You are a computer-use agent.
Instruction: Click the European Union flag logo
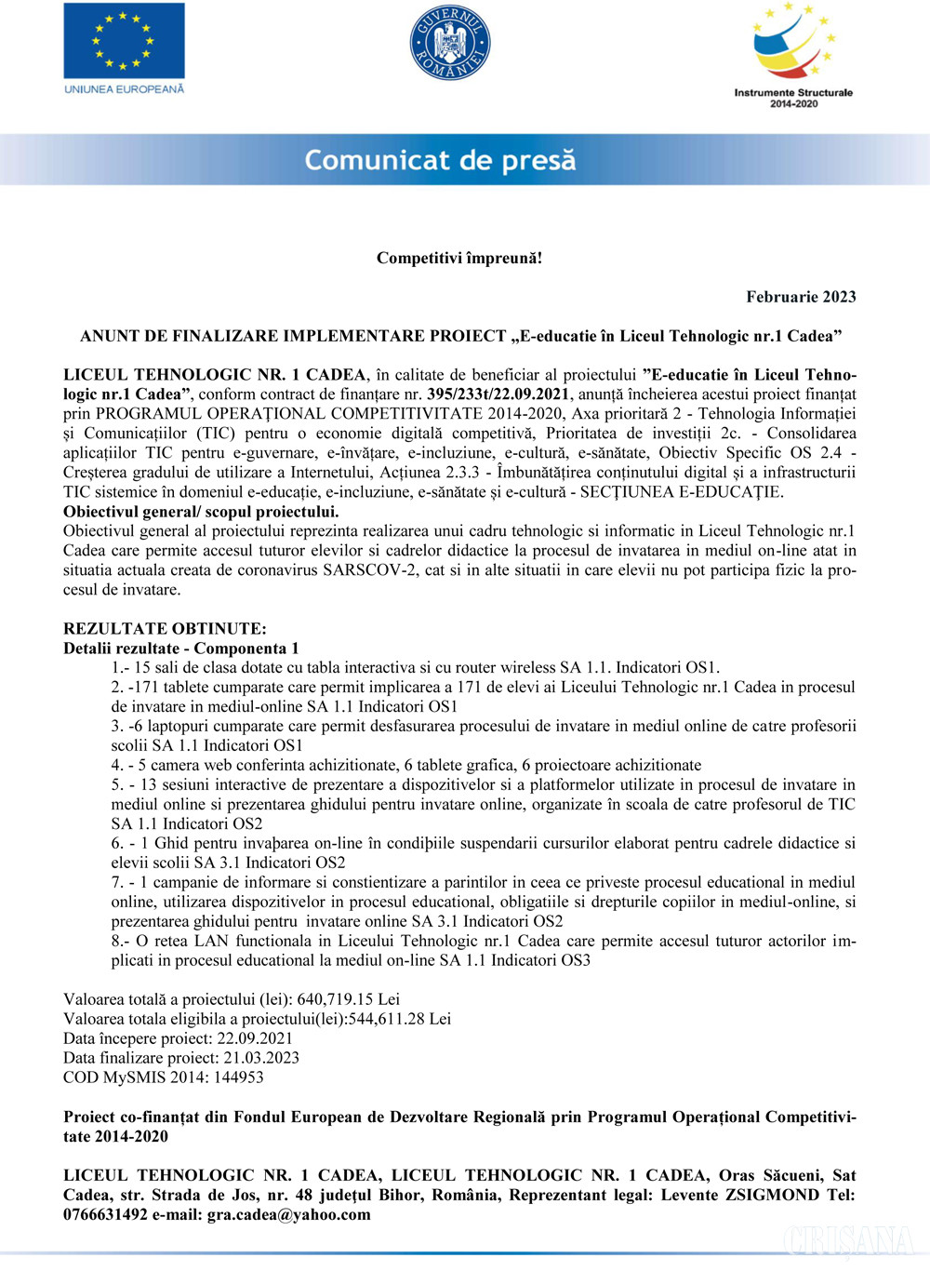tap(124, 42)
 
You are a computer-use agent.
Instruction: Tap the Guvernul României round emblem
tap(450, 42)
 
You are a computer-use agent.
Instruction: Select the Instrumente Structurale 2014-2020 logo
tap(792, 56)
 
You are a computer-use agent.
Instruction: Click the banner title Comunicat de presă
tap(440, 160)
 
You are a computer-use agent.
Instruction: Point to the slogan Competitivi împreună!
tap(459, 258)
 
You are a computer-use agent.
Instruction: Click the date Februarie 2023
tap(801, 297)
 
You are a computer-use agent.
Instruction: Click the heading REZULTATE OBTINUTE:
tap(165, 629)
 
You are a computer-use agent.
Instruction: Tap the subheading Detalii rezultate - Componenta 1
tap(181, 649)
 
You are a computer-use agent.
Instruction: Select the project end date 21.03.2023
tap(261, 1058)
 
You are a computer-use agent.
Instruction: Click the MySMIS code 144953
tap(236, 1077)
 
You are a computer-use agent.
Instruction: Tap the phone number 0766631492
tap(105, 1214)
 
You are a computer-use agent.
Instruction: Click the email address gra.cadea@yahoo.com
tap(288, 1214)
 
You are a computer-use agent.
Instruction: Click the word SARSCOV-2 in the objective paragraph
tap(370, 570)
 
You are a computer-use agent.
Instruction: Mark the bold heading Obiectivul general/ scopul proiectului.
tap(201, 512)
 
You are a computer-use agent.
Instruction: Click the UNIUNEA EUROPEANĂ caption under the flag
tap(124, 89)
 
